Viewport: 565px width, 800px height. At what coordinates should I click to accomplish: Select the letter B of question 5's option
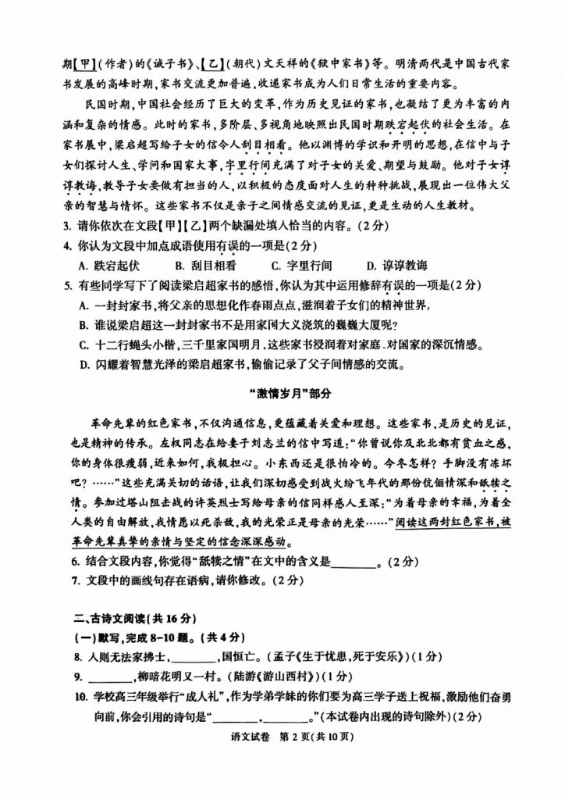(x=84, y=324)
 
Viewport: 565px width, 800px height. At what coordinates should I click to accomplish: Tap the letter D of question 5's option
(x=84, y=363)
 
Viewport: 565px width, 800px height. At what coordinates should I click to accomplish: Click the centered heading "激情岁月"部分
(x=282, y=393)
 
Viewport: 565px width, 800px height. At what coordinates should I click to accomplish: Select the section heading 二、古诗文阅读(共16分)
(x=124, y=617)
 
